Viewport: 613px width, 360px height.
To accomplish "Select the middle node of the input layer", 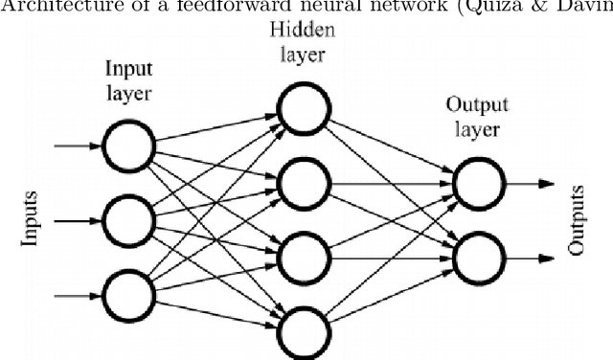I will [129, 220].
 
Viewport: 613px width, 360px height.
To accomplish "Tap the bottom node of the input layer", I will [129, 294].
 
